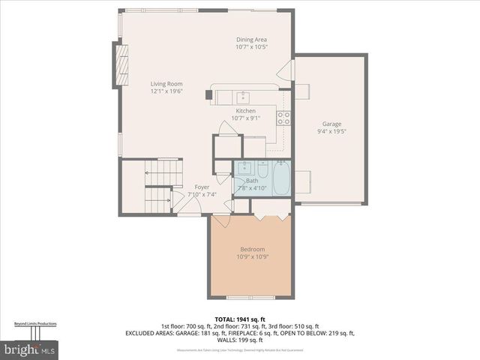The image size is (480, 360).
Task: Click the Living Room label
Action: (166, 84)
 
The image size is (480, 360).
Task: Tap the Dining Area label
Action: (252, 40)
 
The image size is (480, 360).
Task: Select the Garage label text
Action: (331, 124)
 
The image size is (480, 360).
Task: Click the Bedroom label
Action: (252, 249)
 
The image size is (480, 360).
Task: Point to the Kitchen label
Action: (245, 111)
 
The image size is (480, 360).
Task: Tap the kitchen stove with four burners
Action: (283, 118)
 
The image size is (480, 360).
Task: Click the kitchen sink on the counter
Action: (244, 96)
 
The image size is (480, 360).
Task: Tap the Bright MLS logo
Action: (30, 349)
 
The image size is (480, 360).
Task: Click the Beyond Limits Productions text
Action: (35, 324)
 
